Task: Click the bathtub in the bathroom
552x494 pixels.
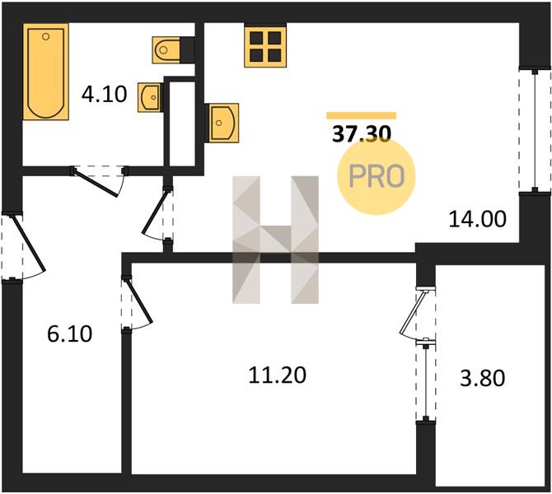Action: pyautogui.click(x=46, y=72)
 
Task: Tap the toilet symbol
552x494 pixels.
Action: pyautogui.click(x=166, y=50)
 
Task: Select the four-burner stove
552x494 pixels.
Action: pyautogui.click(x=265, y=46)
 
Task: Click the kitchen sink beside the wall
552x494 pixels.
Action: pyautogui.click(x=222, y=123)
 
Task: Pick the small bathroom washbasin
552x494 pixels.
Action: pyautogui.click(x=150, y=97)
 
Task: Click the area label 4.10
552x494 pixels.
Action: pyautogui.click(x=104, y=95)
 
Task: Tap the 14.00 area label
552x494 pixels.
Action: pyautogui.click(x=477, y=219)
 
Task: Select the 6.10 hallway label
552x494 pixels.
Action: pyautogui.click(x=70, y=334)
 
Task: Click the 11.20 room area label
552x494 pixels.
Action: pyautogui.click(x=278, y=375)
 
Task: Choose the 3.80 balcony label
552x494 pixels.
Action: pyautogui.click(x=482, y=378)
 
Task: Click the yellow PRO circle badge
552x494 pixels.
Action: pyautogui.click(x=377, y=176)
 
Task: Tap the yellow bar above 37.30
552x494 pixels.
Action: pyautogui.click(x=362, y=116)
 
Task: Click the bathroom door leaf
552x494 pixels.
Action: pyautogui.click(x=96, y=183)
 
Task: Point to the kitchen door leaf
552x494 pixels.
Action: pyautogui.click(x=154, y=212)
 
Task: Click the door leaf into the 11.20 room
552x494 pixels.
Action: pyautogui.click(x=139, y=301)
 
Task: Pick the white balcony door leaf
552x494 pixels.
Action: pyautogui.click(x=412, y=312)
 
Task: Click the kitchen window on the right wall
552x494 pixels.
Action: pyautogui.click(x=535, y=131)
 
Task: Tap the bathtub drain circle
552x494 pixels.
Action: pyautogui.click(x=45, y=36)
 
